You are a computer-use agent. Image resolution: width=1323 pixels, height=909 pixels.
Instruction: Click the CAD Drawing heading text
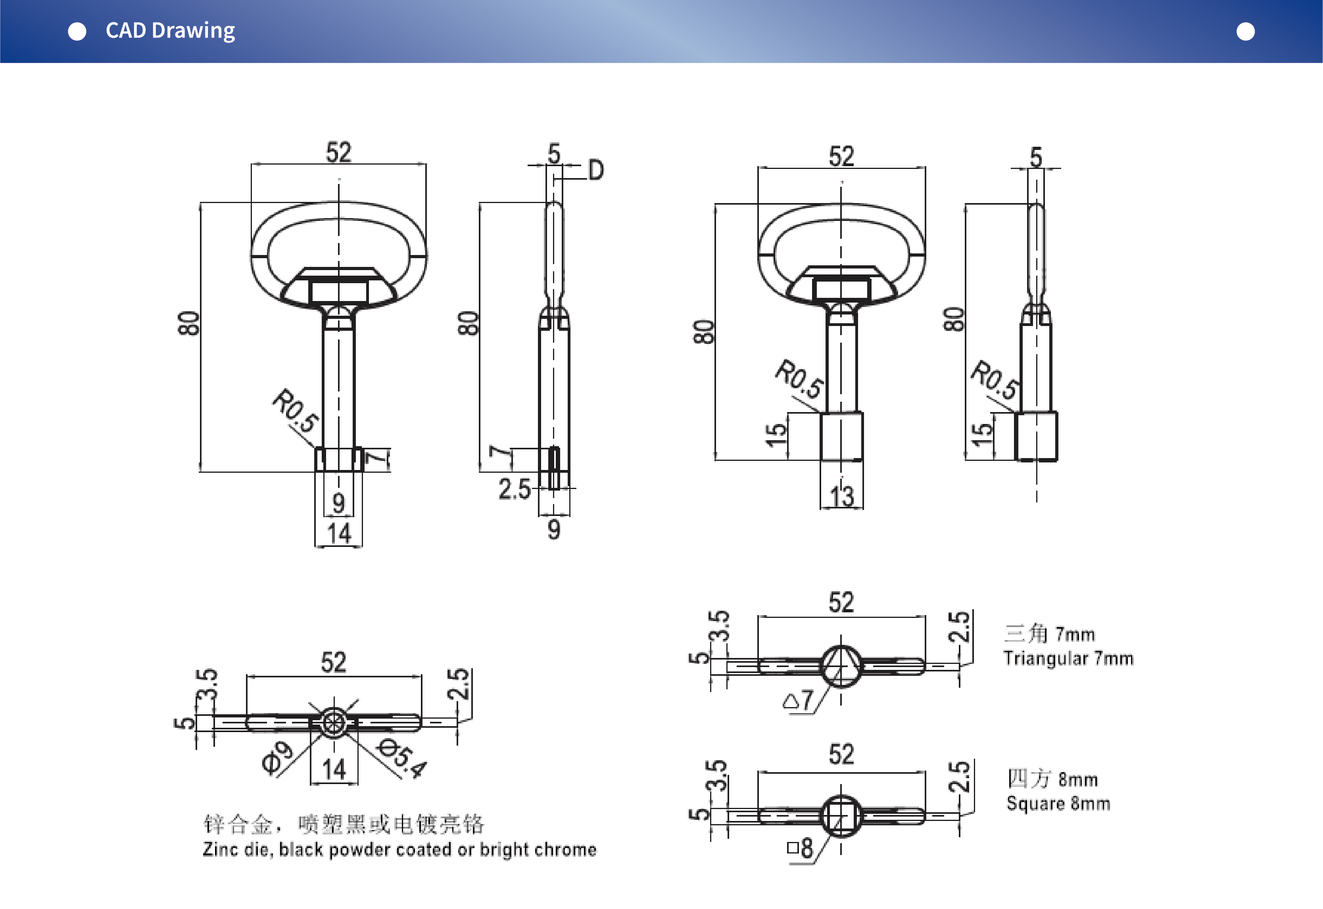(170, 31)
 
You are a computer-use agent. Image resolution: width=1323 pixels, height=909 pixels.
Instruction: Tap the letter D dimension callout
(596, 170)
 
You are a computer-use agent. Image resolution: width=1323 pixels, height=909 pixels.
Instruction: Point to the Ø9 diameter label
(277, 758)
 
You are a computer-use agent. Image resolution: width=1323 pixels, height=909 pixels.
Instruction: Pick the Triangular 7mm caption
(1068, 658)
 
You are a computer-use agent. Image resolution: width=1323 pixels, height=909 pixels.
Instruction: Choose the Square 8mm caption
(1058, 803)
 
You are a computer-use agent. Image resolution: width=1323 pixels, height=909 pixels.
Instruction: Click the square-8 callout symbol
(800, 848)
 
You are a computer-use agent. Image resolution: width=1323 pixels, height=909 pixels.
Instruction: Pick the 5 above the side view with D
(553, 153)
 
